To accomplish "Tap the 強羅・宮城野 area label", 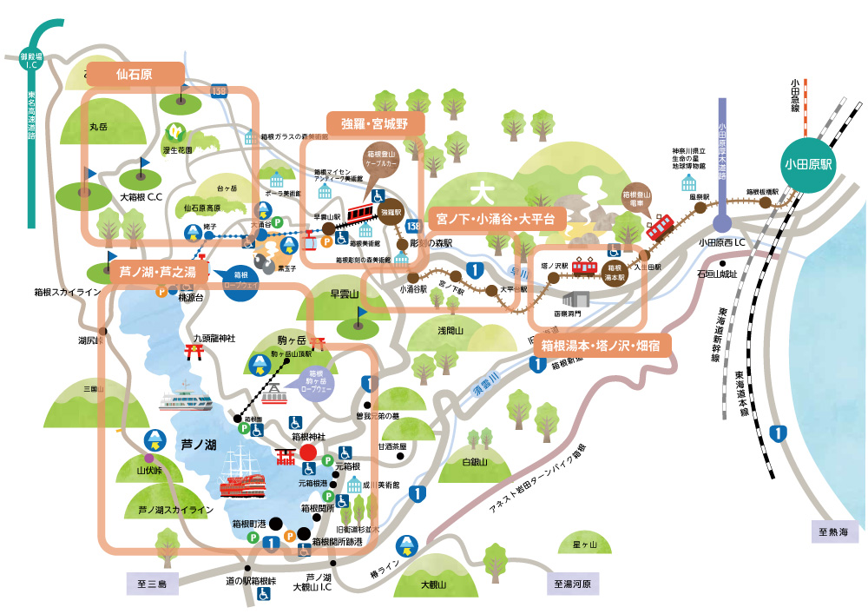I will [375, 124].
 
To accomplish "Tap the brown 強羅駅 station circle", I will [392, 210].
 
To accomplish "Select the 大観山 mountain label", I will [431, 584].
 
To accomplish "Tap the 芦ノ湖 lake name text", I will [198, 445].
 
